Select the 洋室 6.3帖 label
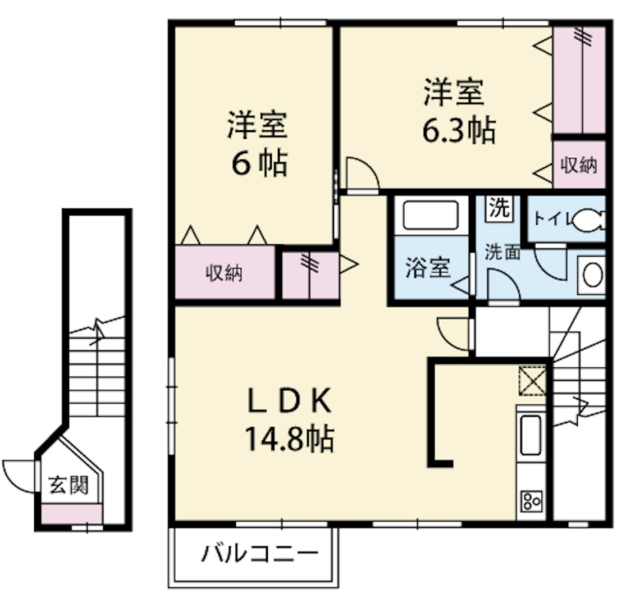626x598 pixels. point(459,111)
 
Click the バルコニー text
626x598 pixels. point(260,553)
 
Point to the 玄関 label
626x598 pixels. point(68,485)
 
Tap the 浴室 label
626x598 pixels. point(428,267)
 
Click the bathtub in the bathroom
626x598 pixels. point(431,215)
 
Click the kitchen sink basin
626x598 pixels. point(531,435)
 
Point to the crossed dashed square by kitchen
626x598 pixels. point(532,381)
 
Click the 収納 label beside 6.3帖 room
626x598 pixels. point(579,165)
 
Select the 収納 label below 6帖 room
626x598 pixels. point(224,273)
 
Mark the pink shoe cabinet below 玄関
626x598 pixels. point(72,514)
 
